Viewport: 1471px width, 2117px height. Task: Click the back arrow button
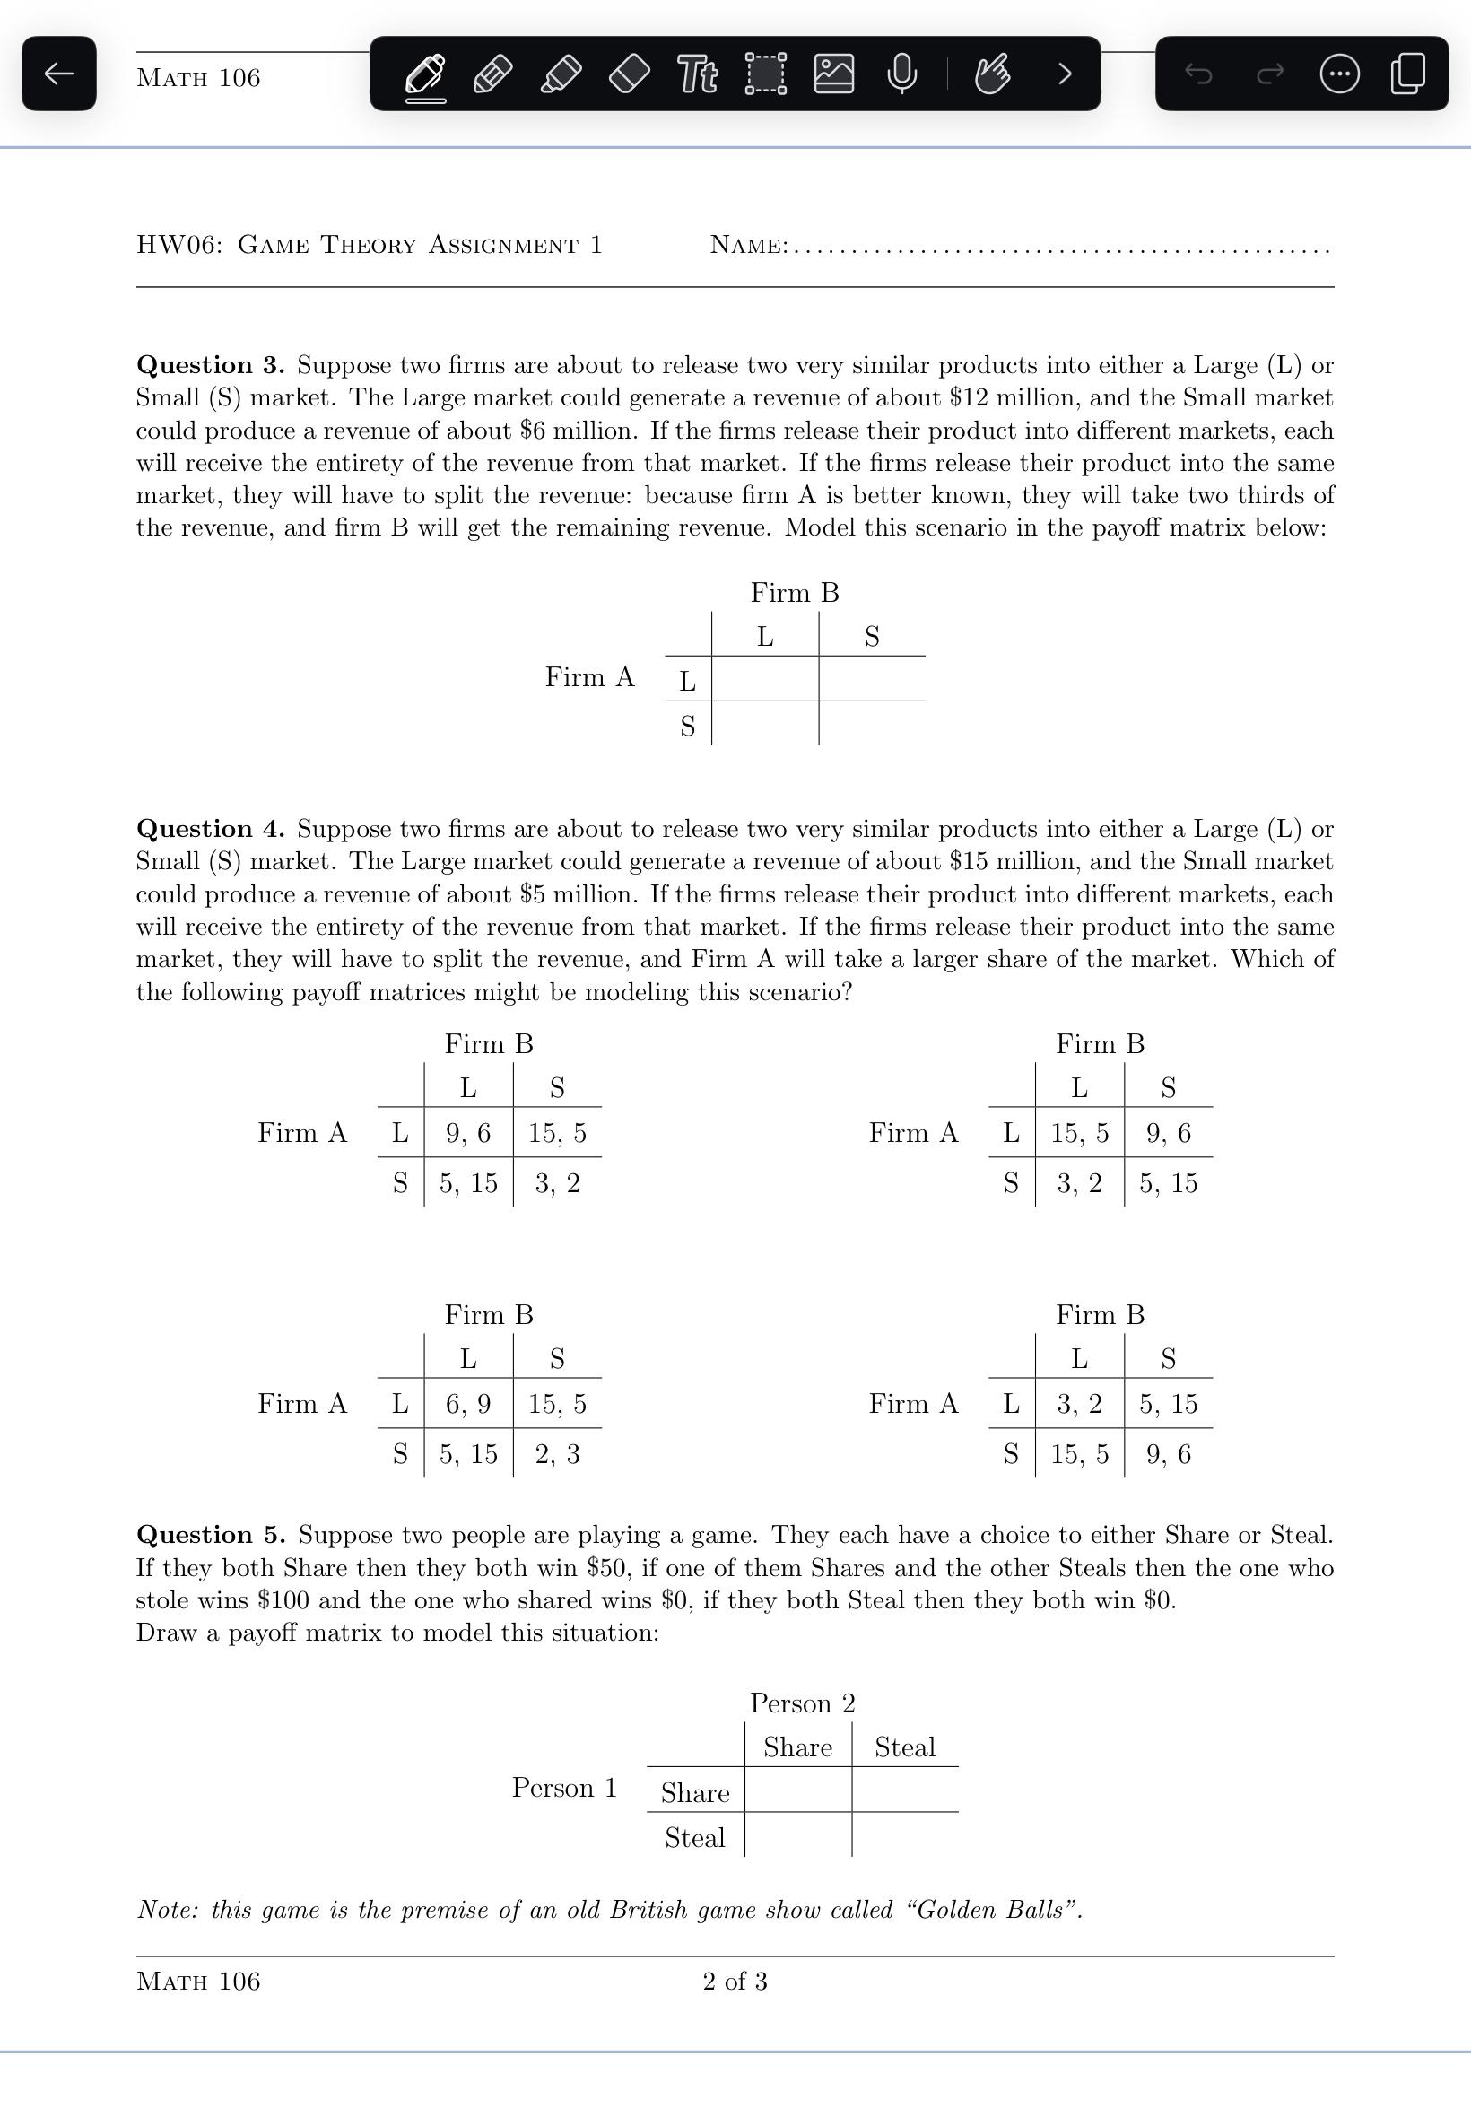[x=59, y=74]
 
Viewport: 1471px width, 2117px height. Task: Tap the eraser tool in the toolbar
[x=630, y=74]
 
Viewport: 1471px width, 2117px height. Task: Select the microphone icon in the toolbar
[x=901, y=74]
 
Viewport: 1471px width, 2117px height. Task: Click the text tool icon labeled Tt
[x=698, y=74]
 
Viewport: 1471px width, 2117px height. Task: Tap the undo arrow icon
[x=1198, y=74]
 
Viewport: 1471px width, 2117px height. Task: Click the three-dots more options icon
[x=1339, y=74]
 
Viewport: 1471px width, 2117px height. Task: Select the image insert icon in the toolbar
[x=833, y=74]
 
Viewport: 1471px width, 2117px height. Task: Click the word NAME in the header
[x=748, y=245]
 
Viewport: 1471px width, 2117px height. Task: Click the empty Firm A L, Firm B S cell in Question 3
[x=872, y=679]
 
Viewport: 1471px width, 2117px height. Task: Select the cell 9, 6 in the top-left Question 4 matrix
[x=468, y=1133]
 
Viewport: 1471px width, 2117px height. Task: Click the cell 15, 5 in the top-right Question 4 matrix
[x=1079, y=1133]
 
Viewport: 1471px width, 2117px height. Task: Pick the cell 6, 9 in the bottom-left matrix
[x=468, y=1404]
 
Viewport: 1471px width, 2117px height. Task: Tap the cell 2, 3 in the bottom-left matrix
[x=558, y=1454]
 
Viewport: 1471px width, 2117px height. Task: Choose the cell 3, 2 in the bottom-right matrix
[x=1079, y=1404]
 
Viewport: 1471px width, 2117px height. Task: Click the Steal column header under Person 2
[x=904, y=1747]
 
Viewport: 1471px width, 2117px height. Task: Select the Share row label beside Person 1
[x=695, y=1792]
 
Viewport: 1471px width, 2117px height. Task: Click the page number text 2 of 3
[x=735, y=1982]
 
